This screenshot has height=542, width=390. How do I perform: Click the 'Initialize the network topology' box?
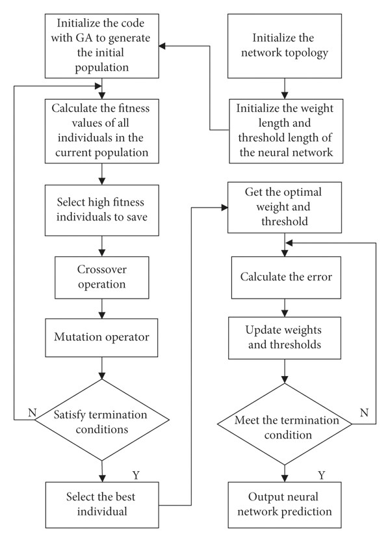[285, 46]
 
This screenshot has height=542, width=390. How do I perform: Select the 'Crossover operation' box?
[102, 278]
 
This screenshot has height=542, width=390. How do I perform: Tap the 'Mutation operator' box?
[101, 338]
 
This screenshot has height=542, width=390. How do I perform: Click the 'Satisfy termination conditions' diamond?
[102, 420]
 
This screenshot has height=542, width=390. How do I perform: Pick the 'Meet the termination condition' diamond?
[285, 424]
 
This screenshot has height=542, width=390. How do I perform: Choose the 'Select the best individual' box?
[102, 505]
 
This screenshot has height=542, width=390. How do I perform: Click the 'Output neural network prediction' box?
[285, 505]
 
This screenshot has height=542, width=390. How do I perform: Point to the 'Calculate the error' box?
[286, 278]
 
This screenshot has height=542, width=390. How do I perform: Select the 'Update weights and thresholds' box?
[285, 338]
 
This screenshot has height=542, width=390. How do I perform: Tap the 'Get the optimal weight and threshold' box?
[285, 208]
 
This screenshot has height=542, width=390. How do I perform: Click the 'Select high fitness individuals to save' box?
[102, 210]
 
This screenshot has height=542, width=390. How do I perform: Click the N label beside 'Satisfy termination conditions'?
[32, 413]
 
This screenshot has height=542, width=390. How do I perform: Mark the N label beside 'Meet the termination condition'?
[364, 413]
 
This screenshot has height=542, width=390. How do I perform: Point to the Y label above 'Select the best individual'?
[136, 475]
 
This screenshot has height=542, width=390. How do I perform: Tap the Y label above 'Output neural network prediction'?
[322, 475]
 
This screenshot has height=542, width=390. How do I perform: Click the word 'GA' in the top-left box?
[84, 38]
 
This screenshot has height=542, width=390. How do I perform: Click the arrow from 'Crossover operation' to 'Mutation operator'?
[102, 308]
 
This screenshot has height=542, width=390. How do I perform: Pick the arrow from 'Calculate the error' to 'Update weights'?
[285, 308]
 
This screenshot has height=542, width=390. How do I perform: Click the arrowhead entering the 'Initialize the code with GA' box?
[162, 46]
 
